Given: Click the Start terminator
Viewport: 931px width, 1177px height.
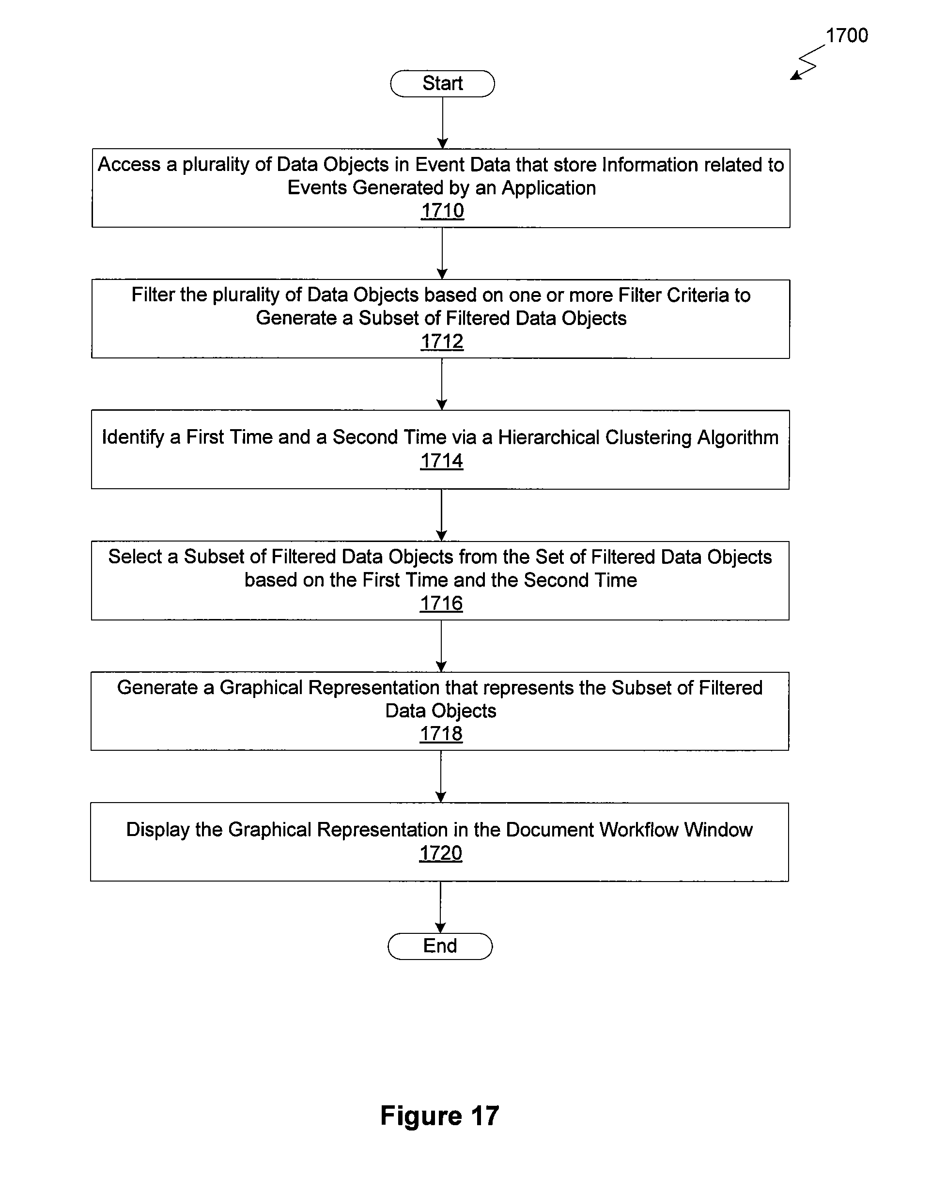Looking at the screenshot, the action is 443,83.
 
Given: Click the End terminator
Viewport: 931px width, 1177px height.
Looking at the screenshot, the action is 440,946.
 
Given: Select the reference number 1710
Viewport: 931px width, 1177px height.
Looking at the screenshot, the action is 442,211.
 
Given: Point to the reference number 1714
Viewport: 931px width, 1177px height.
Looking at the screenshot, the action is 441,461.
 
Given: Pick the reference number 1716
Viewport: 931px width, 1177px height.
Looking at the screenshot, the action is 441,603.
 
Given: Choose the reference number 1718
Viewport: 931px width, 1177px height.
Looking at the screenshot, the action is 441,734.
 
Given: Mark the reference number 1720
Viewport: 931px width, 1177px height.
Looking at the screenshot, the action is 440,853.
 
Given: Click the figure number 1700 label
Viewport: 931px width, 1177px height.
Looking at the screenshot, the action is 847,35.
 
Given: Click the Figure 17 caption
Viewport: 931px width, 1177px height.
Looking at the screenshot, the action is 439,1115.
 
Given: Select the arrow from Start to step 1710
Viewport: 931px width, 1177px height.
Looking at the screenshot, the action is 443,123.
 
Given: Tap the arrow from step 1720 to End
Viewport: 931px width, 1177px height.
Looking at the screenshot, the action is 440,907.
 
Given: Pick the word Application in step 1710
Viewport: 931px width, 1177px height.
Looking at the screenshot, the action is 548,188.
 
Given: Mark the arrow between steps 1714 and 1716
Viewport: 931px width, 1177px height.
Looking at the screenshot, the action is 441,515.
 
